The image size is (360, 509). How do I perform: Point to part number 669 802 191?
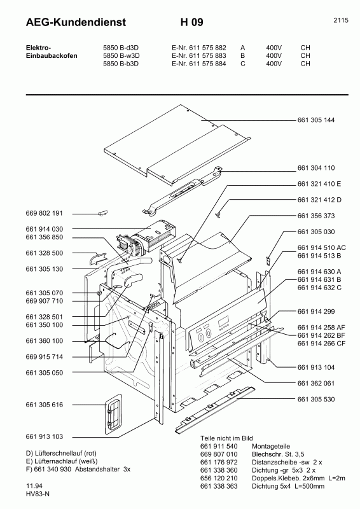(45, 213)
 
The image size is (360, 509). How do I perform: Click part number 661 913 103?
(45, 437)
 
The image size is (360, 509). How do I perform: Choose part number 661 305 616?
(45, 405)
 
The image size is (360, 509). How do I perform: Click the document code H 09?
(191, 23)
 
